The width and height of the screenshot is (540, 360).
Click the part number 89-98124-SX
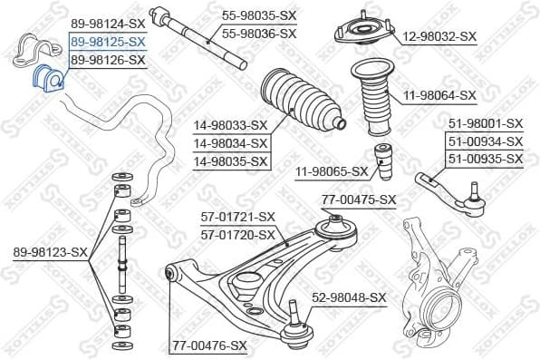(x=107, y=24)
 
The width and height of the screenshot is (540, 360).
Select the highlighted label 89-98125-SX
(x=107, y=42)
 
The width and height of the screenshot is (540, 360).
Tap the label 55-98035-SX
(x=259, y=16)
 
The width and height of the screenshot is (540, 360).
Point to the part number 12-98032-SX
(x=439, y=36)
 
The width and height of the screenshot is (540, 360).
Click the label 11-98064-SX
(x=439, y=95)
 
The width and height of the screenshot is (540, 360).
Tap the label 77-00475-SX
(x=360, y=199)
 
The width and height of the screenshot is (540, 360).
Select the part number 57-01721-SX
(x=237, y=217)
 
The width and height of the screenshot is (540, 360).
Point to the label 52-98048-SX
(x=349, y=297)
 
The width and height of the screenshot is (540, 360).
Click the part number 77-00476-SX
(x=209, y=345)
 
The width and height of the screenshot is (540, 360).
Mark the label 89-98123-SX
(x=51, y=252)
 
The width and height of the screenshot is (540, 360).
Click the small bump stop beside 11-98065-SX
(x=384, y=161)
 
